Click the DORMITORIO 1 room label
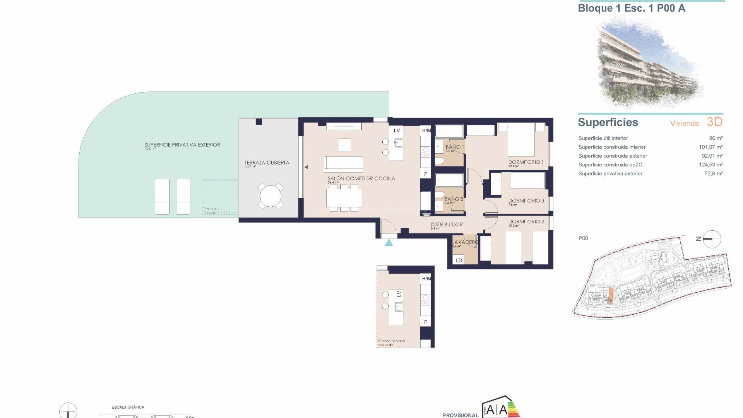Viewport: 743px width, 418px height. [x=526, y=162]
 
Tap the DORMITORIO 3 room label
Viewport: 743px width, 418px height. [x=526, y=201]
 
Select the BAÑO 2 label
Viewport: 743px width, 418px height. [x=454, y=199]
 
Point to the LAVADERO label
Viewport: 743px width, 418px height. [x=465, y=242]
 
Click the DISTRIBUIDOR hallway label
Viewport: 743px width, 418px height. [x=446, y=224]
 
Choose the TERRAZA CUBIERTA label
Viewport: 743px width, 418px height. [x=267, y=163]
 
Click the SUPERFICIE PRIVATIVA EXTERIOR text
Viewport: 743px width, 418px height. [x=182, y=145]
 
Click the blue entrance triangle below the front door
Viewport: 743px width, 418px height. [x=389, y=243]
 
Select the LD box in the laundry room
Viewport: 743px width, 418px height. [x=459, y=260]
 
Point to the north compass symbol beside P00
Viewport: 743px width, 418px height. [x=711, y=239]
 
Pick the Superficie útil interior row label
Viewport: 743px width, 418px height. [x=603, y=138]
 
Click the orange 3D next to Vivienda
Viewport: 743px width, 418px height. [x=714, y=122]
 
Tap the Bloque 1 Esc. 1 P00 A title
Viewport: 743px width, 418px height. [x=631, y=9]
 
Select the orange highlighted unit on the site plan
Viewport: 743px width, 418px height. [x=610, y=295]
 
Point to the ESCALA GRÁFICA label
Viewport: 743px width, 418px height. [x=128, y=407]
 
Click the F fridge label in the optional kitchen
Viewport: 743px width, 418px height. [x=426, y=322]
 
